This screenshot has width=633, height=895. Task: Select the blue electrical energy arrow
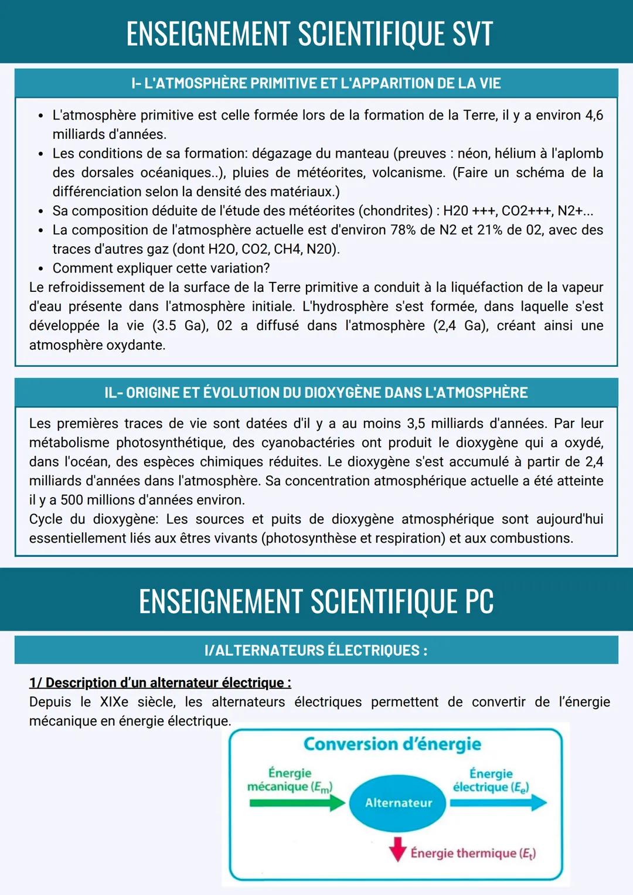pyautogui.click(x=498, y=803)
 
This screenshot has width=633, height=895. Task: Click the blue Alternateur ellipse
pyautogui.click(x=398, y=803)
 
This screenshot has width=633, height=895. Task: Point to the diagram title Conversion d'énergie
pyautogui.click(x=392, y=744)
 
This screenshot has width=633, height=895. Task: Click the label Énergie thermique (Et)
pyautogui.click(x=473, y=853)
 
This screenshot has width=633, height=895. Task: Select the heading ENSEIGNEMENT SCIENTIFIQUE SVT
pyautogui.click(x=309, y=34)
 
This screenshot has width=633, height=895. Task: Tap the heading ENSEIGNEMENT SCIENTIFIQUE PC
pyautogui.click(x=316, y=601)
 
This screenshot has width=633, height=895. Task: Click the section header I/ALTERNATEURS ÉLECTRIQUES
pyautogui.click(x=316, y=651)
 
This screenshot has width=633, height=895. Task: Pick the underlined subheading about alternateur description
pyautogui.click(x=160, y=683)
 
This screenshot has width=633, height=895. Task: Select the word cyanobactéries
pyautogui.click(x=308, y=443)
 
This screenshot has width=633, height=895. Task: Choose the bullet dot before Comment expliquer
pyautogui.click(x=40, y=268)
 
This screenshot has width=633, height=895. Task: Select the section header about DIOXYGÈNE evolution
pyautogui.click(x=316, y=393)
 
